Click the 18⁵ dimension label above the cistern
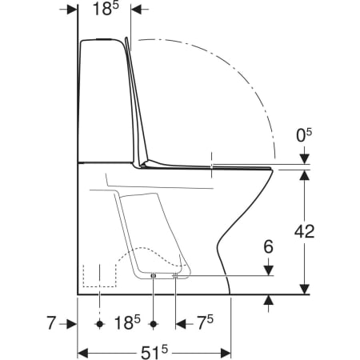[106, 9]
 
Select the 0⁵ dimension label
[304, 135]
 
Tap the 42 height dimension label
[304, 231]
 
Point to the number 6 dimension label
[269, 246]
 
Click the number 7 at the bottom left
[51, 322]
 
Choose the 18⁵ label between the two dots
[127, 322]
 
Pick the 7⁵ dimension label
[205, 322]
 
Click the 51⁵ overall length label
[154, 353]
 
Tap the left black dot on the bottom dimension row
[100, 324]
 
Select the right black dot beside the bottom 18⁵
[153, 324]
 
